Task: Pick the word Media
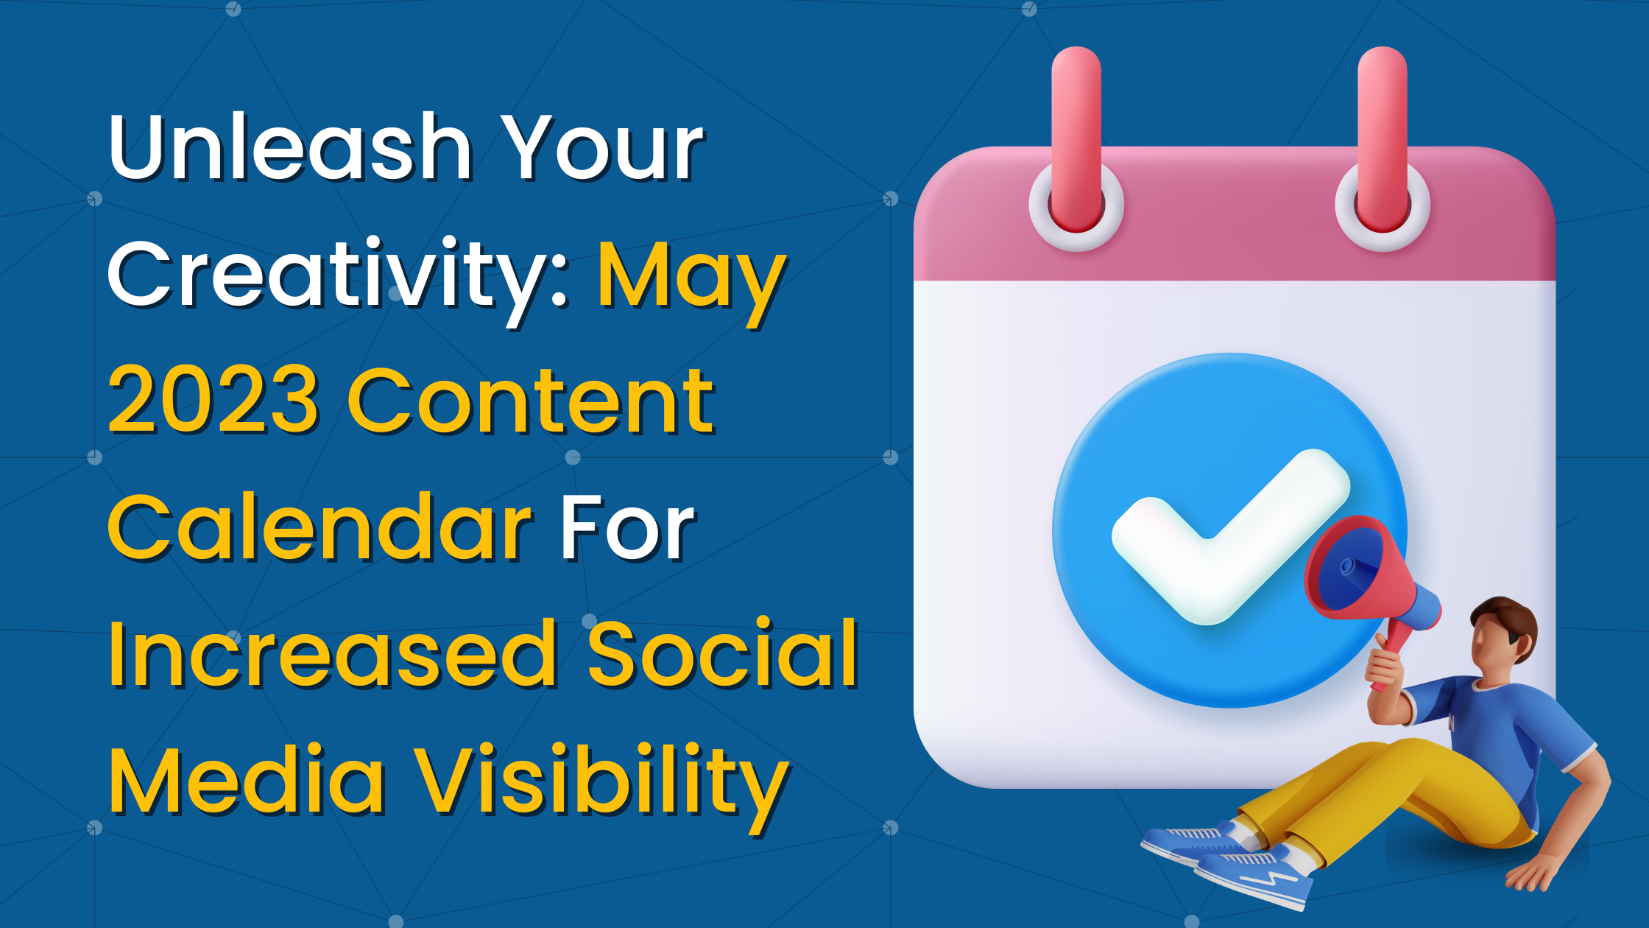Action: (247, 781)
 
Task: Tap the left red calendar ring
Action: (1076, 140)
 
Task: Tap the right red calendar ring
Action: (1383, 140)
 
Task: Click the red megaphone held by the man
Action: (1362, 574)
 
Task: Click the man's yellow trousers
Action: (1399, 795)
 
